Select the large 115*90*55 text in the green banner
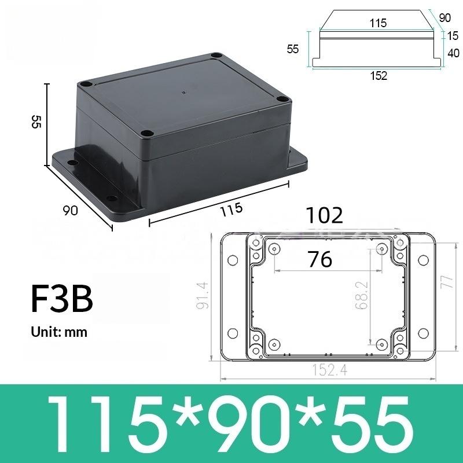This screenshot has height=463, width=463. [231, 422]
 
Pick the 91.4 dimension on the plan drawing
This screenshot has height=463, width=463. [202, 295]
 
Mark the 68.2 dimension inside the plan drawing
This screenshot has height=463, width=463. [362, 295]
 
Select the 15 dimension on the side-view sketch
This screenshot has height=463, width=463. [453, 36]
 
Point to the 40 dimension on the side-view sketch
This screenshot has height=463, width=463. [453, 53]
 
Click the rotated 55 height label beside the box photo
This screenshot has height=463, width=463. [36, 122]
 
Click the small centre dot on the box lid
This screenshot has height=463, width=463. [183, 93]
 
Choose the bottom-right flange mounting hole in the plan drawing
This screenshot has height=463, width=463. [423, 333]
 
